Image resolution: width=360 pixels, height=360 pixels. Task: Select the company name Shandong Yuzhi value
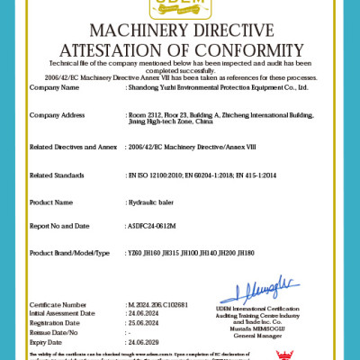219,87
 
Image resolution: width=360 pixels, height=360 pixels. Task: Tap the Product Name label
51,202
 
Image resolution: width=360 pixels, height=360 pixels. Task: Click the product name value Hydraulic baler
153,202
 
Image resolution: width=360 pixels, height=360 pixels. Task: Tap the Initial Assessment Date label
67,313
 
